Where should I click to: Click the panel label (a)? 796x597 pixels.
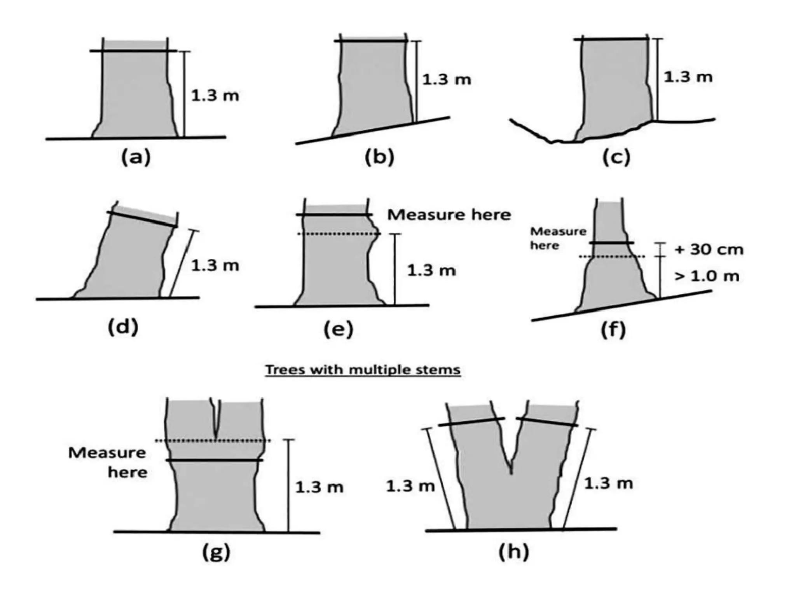[x=136, y=158]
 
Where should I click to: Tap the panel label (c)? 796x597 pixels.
[x=616, y=158]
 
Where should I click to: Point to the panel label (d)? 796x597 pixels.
[x=123, y=327]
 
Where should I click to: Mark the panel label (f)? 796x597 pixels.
[x=613, y=330]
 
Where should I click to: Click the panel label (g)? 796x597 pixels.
[x=216, y=552]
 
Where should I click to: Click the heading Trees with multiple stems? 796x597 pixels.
[x=363, y=369]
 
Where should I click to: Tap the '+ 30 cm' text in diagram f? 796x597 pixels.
[x=709, y=249]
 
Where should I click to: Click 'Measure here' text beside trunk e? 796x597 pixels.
[x=449, y=215]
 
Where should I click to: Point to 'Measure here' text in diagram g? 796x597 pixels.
[x=108, y=462]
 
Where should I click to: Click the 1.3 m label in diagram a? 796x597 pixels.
[x=215, y=96]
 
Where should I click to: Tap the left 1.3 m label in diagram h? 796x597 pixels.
[x=410, y=486]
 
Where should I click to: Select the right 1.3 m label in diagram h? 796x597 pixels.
[x=608, y=484]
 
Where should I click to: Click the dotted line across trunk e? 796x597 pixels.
[x=338, y=234]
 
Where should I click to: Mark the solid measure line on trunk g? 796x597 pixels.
[x=214, y=460]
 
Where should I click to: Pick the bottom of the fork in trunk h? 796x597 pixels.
[x=511, y=471]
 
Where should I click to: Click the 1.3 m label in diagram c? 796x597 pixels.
[x=688, y=77]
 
